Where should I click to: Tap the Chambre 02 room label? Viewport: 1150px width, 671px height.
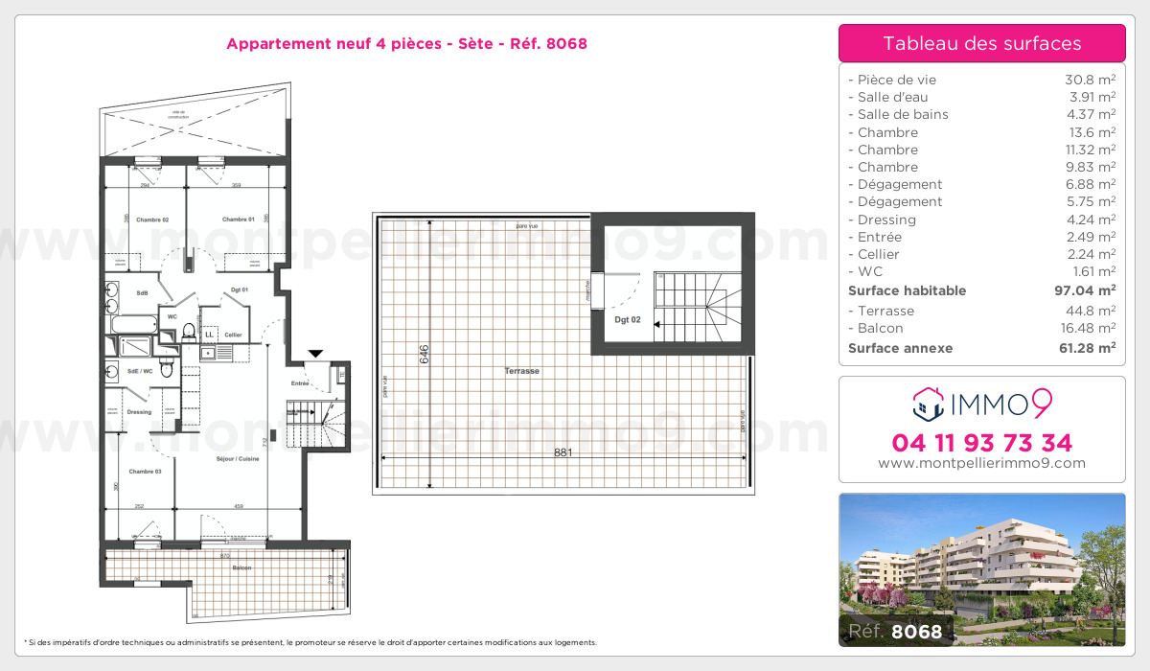tap(152, 220)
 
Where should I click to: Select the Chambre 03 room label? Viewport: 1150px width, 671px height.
tap(144, 472)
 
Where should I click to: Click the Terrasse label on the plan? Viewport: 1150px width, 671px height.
tap(523, 371)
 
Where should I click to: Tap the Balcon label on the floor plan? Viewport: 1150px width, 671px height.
tap(241, 568)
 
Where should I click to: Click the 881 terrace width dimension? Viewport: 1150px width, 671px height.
tap(563, 452)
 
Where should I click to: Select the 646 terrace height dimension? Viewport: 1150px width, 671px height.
tap(424, 355)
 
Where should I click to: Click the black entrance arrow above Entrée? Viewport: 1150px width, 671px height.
tap(315, 354)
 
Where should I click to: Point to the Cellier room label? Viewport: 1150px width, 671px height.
tap(233, 335)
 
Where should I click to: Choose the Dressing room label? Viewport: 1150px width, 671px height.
tap(139, 412)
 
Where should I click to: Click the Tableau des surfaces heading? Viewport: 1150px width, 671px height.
tap(981, 44)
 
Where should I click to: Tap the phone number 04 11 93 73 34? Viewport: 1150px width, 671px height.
tap(981, 443)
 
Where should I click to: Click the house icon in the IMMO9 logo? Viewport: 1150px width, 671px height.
tap(926, 405)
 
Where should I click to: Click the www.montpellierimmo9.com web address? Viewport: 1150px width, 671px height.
tap(981, 463)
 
